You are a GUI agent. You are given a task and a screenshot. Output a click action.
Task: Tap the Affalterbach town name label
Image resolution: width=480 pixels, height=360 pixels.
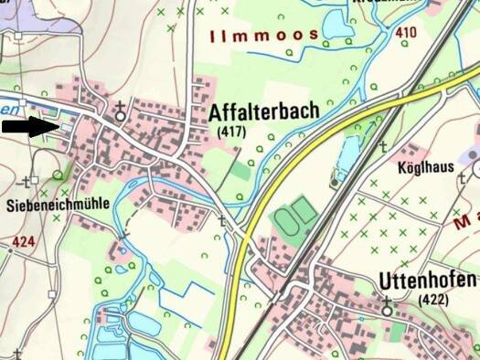pyautogui.click(x=264, y=112)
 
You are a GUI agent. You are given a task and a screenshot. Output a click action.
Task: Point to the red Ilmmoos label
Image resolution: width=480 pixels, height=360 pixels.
pyautogui.click(x=264, y=36)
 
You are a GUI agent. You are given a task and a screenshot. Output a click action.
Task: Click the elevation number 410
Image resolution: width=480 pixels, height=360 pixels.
pyautogui.click(x=406, y=34)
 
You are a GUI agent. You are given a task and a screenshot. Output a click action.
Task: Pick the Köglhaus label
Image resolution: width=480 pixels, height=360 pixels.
pyautogui.click(x=427, y=170)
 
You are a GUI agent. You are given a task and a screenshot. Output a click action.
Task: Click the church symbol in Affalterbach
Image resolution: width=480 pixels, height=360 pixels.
pyautogui.click(x=120, y=114)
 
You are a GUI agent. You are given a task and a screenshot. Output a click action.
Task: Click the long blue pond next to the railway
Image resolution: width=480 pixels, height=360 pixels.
pyautogui.click(x=347, y=155)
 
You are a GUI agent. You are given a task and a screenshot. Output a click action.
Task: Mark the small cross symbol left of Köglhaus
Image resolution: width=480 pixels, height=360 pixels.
pyautogui.click(x=383, y=146)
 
